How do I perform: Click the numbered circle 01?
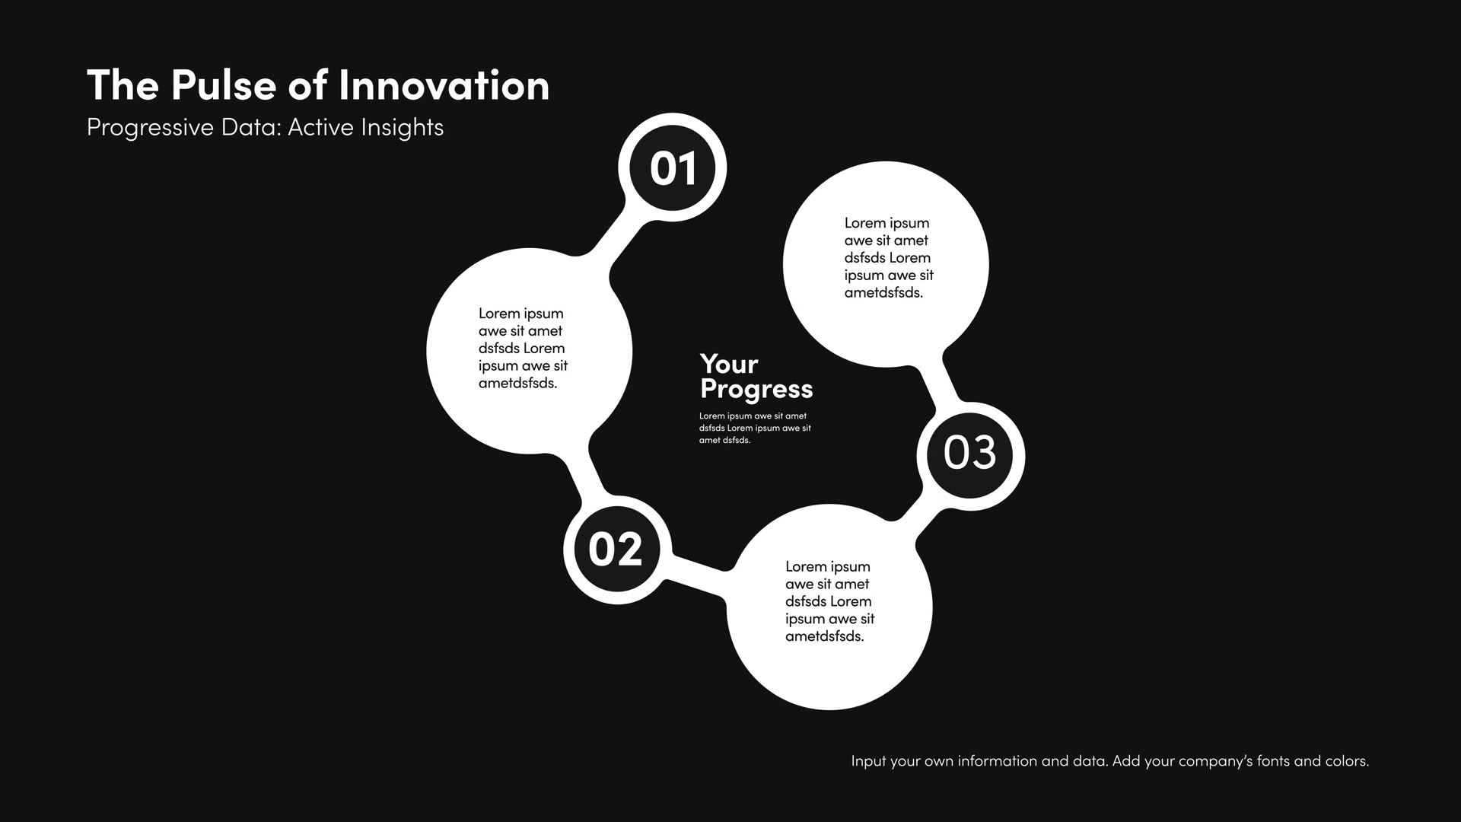(673, 167)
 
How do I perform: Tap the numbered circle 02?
(617, 550)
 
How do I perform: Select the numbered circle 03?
(970, 455)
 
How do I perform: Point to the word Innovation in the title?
(444, 84)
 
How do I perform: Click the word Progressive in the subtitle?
(150, 127)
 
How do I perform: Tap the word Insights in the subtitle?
(402, 127)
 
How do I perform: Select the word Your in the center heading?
(729, 365)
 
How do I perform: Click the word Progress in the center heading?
(756, 390)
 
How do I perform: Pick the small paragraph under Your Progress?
(755, 428)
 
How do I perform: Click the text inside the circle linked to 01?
(523, 348)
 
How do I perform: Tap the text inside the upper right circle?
(889, 257)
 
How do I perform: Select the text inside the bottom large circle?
(829, 601)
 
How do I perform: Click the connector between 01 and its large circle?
(618, 238)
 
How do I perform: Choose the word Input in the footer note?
(868, 761)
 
